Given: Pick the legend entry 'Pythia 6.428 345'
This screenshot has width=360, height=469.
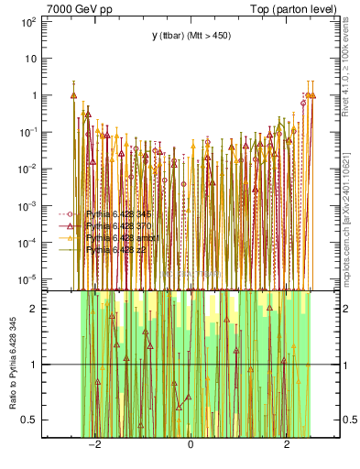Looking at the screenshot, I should point(120,214).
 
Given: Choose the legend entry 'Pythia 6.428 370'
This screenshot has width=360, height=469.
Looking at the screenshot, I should point(120,225).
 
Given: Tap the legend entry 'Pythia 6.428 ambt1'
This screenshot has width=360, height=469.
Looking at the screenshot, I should point(122,237).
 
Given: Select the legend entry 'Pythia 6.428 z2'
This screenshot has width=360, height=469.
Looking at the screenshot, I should point(116,248).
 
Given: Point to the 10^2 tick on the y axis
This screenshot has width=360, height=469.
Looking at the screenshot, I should point(28,21).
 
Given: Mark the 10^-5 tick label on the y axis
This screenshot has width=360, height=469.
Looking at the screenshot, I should point(27,278).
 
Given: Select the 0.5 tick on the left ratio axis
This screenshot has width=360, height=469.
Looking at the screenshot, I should point(29,420).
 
